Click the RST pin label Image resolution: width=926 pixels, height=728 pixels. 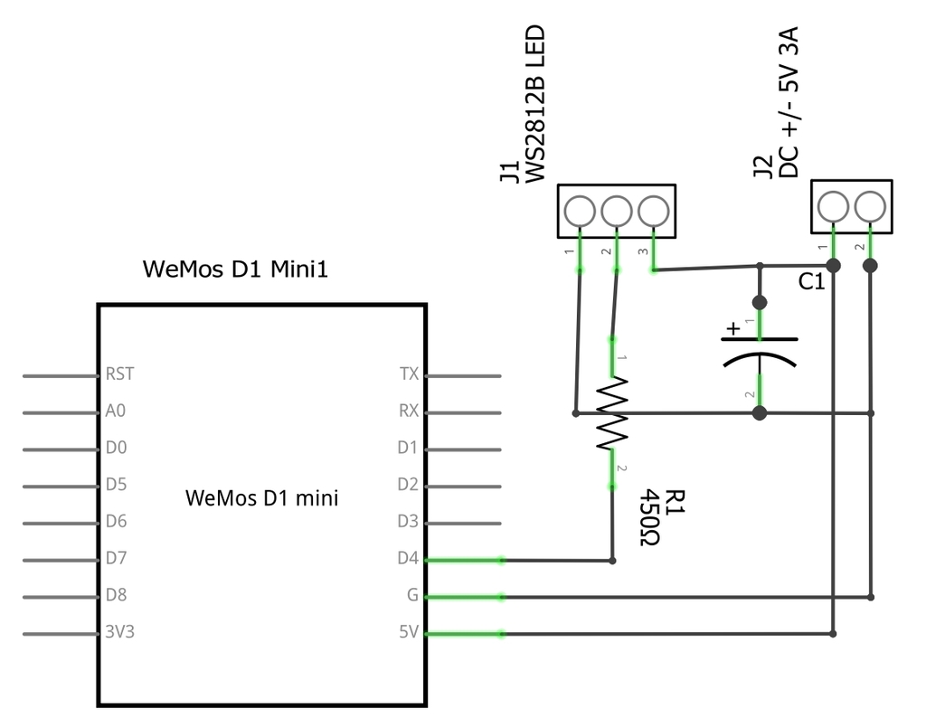coord(120,374)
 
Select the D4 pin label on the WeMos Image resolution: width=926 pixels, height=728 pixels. coord(408,559)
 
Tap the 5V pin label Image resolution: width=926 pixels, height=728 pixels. coord(409,632)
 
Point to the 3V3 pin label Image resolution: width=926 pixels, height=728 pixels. coord(120,632)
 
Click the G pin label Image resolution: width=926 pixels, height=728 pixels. coord(412,595)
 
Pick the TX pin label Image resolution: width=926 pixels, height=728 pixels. coord(409,374)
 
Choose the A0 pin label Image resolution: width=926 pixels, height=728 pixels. coord(116,411)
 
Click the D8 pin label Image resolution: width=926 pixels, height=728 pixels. coord(117,595)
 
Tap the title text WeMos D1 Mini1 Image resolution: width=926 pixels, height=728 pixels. coord(235,269)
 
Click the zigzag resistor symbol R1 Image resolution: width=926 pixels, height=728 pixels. coord(612,413)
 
